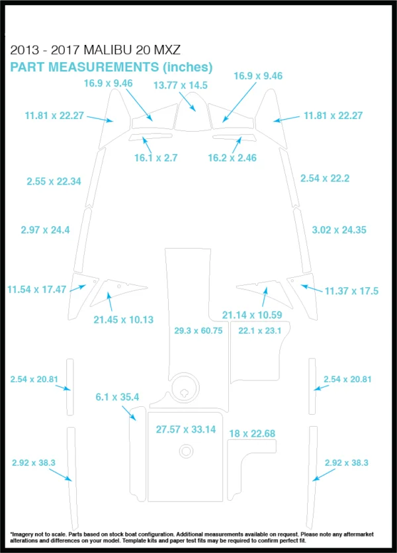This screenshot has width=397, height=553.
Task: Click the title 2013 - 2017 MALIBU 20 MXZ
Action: (95, 50)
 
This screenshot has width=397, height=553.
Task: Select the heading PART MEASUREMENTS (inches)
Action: (111, 67)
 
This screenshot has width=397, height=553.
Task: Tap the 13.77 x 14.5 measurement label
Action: (181, 85)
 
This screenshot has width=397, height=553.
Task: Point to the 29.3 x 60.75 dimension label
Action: (198, 331)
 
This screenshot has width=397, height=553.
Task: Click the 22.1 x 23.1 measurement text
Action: (260, 331)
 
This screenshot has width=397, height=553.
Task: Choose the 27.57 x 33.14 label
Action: (186, 429)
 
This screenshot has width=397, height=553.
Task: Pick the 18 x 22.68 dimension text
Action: (252, 434)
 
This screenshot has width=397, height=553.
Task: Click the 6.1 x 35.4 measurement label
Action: (117, 397)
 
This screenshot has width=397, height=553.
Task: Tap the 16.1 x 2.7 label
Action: (155, 158)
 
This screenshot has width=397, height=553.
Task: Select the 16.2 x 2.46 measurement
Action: (232, 158)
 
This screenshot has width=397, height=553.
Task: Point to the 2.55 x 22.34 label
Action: (54, 182)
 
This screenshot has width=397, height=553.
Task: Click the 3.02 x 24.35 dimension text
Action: (339, 230)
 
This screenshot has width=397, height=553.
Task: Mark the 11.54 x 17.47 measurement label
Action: (36, 290)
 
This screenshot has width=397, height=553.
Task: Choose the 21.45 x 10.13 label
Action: (124, 320)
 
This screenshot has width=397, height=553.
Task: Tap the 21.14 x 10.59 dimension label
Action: (252, 315)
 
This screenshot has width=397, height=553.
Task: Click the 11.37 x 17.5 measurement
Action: (351, 291)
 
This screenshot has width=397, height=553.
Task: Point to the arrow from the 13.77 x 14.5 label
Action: (187, 102)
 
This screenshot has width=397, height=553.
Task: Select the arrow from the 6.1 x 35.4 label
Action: (129, 413)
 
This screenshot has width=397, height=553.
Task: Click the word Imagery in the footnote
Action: (22, 534)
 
